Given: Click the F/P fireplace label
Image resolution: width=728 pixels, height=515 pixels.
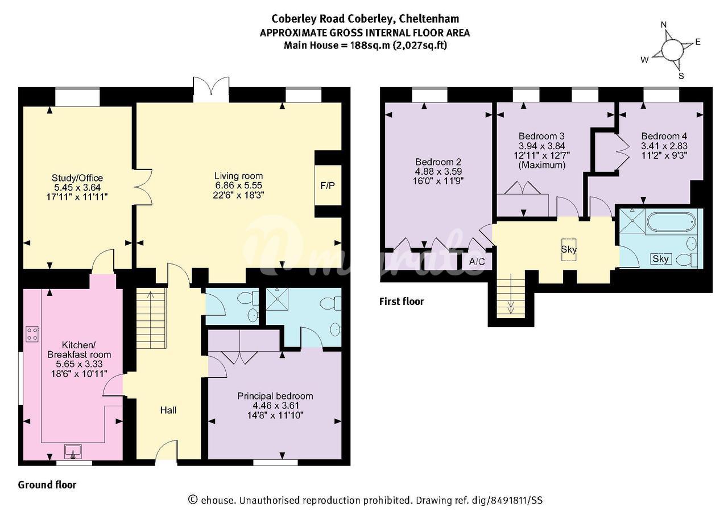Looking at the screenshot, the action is pyautogui.click(x=327, y=186).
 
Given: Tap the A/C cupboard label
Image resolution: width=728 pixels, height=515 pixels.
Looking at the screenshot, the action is pyautogui.click(x=477, y=261).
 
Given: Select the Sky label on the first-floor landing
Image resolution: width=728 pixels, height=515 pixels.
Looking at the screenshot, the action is pyautogui.click(x=569, y=249).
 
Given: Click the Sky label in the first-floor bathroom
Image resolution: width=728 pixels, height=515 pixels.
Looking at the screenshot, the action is pyautogui.click(x=660, y=259).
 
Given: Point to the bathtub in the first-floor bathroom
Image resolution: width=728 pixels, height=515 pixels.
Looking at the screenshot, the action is pyautogui.click(x=671, y=222).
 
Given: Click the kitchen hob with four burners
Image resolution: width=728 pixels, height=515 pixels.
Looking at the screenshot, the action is pyautogui.click(x=32, y=334).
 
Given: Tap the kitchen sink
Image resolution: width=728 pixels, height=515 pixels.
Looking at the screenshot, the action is pyautogui.click(x=73, y=452).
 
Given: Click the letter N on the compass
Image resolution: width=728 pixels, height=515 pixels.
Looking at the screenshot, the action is pyautogui.click(x=664, y=24).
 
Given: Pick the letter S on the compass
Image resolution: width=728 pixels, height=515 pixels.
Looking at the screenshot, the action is pyautogui.click(x=681, y=76).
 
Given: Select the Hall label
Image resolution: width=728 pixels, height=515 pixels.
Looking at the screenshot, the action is pyautogui.click(x=168, y=410).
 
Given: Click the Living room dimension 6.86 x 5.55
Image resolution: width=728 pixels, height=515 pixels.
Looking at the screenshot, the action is pyautogui.click(x=238, y=186).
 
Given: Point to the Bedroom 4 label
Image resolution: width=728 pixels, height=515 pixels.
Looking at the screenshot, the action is pyautogui.click(x=664, y=136).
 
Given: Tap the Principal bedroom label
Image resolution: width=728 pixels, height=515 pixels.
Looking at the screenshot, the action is pyautogui.click(x=275, y=396).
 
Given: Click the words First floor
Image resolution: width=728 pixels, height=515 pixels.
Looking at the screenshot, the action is pyautogui.click(x=402, y=302).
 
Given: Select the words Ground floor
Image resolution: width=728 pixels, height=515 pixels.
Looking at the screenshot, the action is pyautogui.click(x=47, y=485).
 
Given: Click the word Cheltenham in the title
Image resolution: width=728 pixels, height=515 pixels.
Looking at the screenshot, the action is pyautogui.click(x=429, y=19).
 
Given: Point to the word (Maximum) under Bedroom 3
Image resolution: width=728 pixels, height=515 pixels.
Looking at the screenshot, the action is pyautogui.click(x=542, y=165).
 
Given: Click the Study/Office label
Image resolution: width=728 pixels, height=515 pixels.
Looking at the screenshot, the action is pyautogui.click(x=77, y=178).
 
